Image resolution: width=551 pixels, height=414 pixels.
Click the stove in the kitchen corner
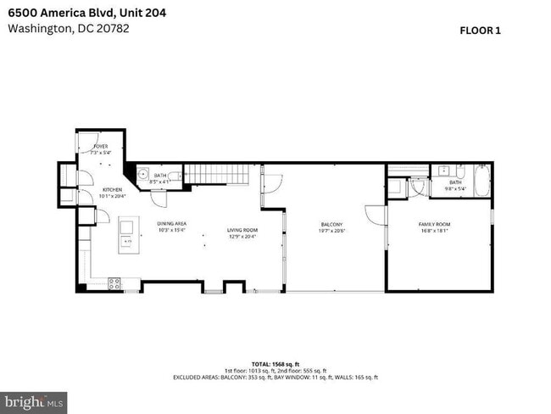pyautogui.click(x=114, y=284)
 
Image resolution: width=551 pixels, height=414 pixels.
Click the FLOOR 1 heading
pyautogui.click(x=481, y=31)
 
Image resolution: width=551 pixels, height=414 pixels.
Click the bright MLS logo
pyautogui.click(x=34, y=400)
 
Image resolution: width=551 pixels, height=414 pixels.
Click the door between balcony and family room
pyautogui.click(x=375, y=215)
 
